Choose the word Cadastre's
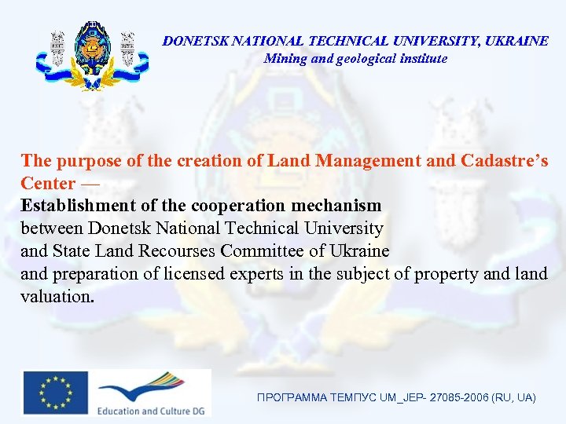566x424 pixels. point(501,161)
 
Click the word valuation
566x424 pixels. point(57,297)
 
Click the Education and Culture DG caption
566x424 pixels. point(151,411)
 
